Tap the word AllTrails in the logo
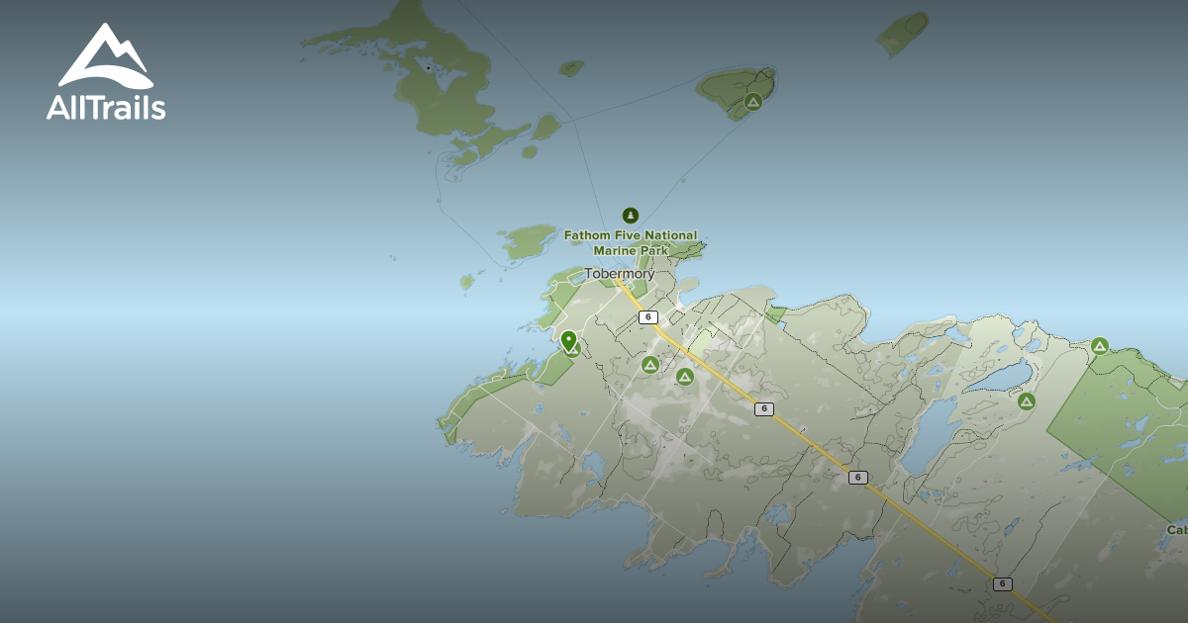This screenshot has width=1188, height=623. pos(106,107)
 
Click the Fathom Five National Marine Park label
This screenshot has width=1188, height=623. pos(631,243)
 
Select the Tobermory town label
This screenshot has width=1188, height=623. pos(619,274)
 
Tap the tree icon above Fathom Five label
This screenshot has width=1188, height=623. pos(630,216)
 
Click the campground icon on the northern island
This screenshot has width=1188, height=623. pos(752,101)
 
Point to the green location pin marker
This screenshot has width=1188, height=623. pos(568,341)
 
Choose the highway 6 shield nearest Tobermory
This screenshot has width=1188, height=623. pos(648,317)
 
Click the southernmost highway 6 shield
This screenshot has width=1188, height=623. pos(1003,584)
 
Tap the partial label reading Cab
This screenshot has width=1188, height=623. pos(1176,530)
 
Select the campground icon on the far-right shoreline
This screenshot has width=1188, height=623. pos(1099,346)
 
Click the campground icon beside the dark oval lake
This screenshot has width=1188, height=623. pos(1026,401)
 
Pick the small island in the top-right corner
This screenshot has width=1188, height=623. pos(903,34)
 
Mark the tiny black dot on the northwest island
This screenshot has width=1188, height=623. pos(428,68)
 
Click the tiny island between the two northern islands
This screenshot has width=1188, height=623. pos(571,68)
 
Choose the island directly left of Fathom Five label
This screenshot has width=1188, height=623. pos(527,240)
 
